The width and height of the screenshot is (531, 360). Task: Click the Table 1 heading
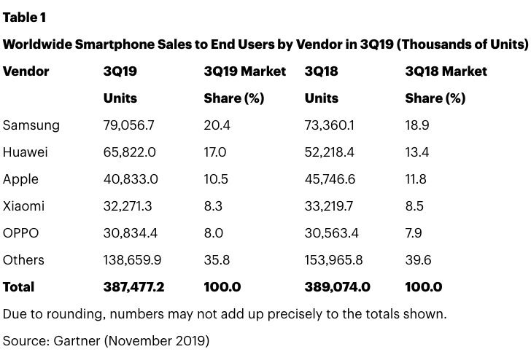click(25, 16)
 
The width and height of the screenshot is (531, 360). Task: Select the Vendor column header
click(26, 71)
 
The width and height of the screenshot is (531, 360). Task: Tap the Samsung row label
click(31, 125)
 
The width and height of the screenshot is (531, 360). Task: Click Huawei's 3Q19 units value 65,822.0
click(129, 152)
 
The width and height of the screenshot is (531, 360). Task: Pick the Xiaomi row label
click(23, 206)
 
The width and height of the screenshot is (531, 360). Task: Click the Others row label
click(23, 260)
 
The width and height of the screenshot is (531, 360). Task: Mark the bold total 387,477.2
click(134, 287)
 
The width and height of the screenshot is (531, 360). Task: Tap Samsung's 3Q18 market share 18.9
click(417, 125)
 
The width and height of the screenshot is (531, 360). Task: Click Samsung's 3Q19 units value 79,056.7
click(129, 125)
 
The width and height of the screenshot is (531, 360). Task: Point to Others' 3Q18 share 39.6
click(418, 260)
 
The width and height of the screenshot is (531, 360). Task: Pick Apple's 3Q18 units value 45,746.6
click(330, 179)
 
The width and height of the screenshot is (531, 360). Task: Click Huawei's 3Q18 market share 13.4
click(416, 152)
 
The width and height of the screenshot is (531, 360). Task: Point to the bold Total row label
click(19, 287)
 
